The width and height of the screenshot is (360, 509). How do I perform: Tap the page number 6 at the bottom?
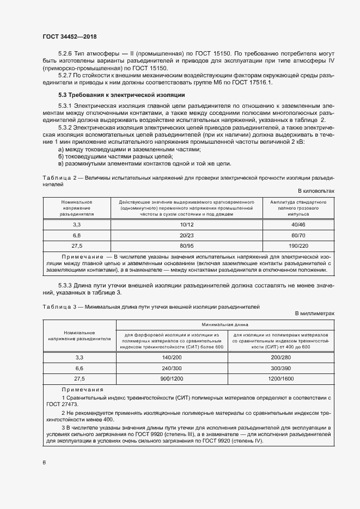pos(44,463)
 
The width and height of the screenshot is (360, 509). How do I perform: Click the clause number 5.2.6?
pos(68,53)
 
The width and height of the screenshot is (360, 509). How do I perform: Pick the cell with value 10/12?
pos(186,224)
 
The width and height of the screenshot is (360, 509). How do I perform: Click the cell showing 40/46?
pos(298,224)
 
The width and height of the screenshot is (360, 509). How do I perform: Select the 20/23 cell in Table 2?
pos(186,235)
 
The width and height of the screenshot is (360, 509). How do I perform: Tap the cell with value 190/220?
pos(298,246)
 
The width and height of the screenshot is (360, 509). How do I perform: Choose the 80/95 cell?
pos(186,246)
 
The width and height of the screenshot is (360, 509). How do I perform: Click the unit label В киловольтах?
pos(316,191)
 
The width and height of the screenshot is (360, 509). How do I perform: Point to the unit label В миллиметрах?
pos(314,314)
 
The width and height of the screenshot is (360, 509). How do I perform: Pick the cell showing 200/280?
pos(281,358)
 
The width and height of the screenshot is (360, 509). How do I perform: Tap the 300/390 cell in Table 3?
pos(281,368)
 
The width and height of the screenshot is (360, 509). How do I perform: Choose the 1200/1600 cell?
pos(281,378)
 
